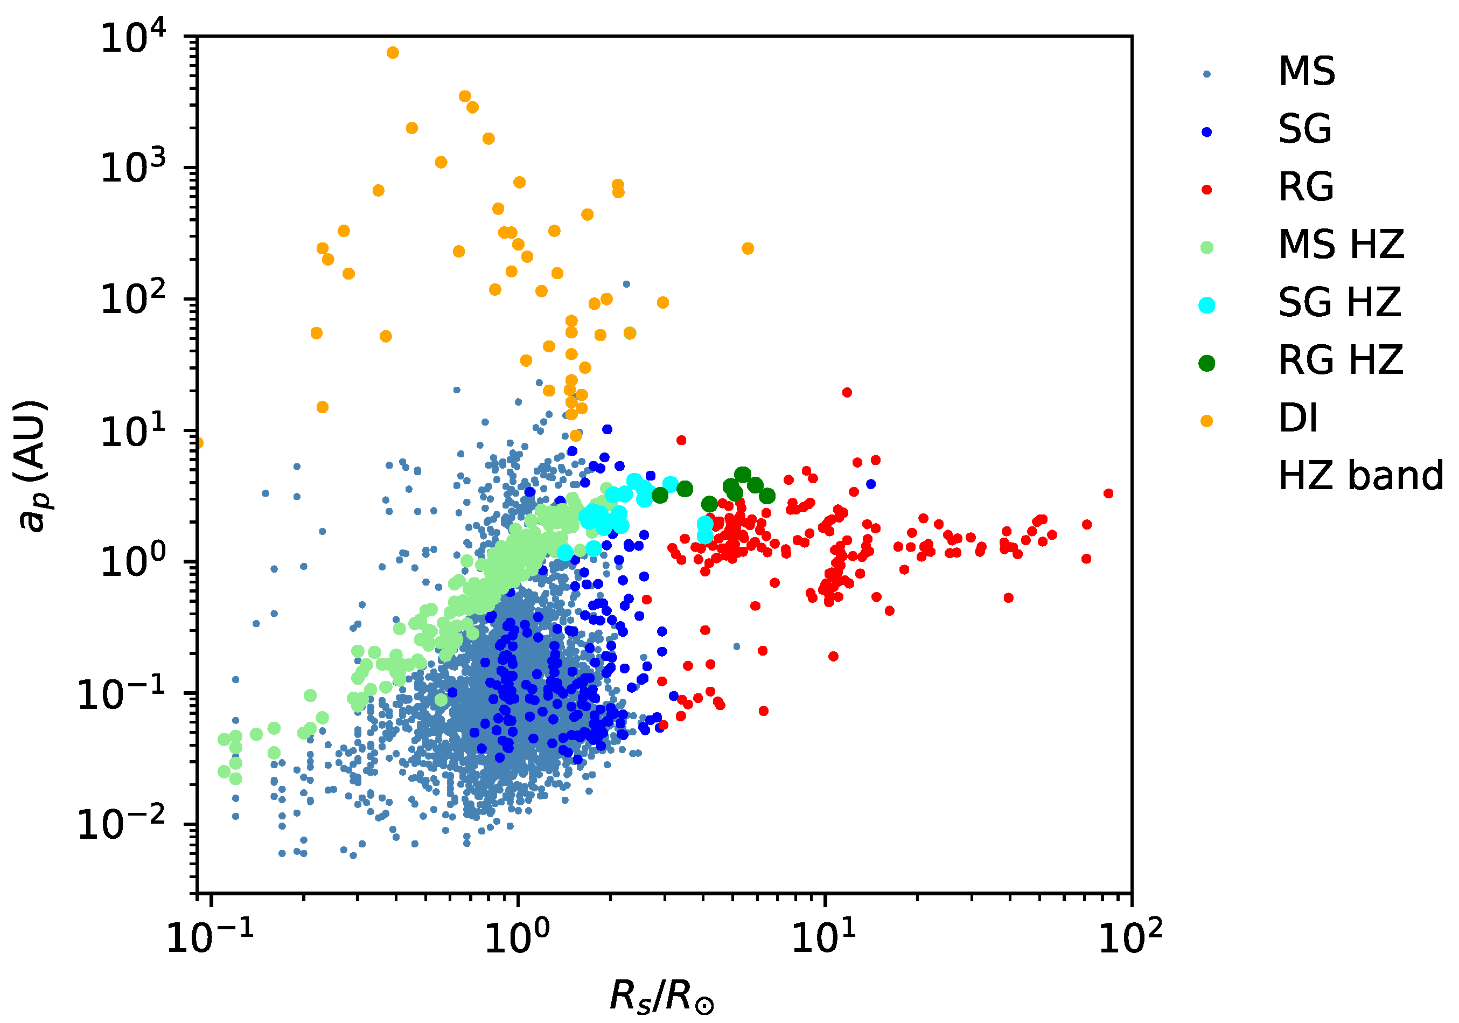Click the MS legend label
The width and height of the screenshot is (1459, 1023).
point(1307,71)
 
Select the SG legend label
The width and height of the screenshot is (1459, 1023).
point(1304,129)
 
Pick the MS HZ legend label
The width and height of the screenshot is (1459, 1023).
point(1341,245)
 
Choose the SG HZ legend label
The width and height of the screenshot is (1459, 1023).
point(1339,303)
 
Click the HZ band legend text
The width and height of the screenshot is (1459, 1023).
point(1360,476)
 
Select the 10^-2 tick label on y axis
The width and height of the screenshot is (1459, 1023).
point(121,825)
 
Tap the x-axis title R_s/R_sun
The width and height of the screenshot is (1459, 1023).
point(661,996)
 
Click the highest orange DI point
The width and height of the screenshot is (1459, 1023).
point(393,53)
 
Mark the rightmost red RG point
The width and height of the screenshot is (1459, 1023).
point(1108,493)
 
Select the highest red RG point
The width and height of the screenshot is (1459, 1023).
point(847,392)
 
